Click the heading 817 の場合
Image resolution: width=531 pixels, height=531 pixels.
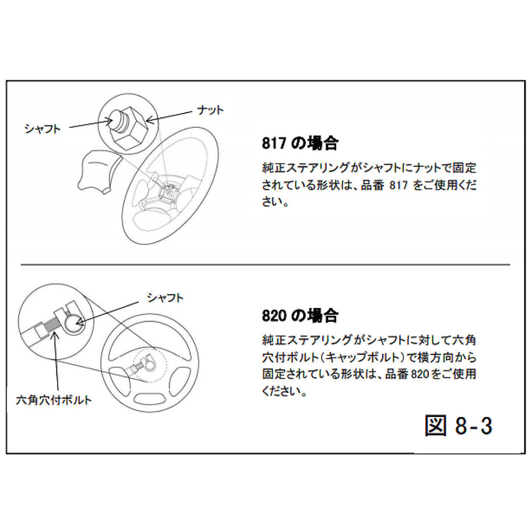pos(300,144)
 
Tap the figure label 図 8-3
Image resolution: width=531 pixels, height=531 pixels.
pos(458,425)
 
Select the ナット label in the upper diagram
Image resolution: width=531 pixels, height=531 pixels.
pos(210,110)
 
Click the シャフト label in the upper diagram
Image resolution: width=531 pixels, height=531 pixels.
pos(43,129)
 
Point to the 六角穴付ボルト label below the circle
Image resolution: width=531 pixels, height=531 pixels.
pos(54,400)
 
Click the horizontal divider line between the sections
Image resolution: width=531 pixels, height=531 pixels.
pos(264,264)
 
